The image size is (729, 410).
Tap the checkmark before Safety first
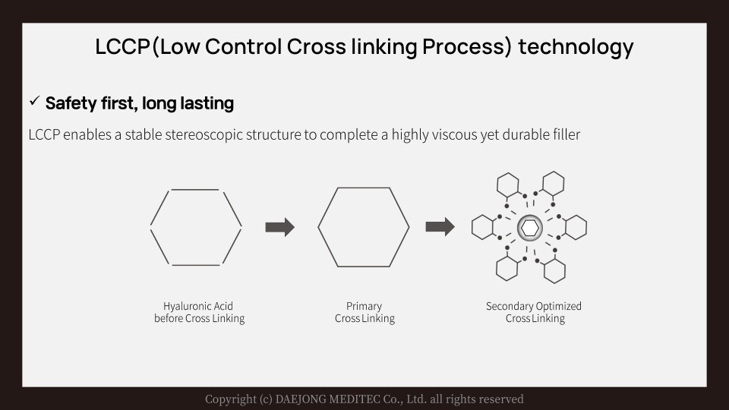[x=34, y=101]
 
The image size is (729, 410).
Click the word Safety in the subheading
[x=71, y=102]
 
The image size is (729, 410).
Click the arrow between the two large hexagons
[x=279, y=226]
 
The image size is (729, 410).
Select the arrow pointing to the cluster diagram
[x=440, y=226]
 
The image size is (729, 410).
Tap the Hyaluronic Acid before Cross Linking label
[x=199, y=312]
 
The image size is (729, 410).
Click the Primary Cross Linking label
[x=364, y=312]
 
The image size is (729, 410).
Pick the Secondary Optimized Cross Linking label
[x=534, y=312]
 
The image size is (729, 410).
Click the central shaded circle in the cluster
[x=529, y=227]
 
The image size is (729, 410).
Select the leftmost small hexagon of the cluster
[x=483, y=227]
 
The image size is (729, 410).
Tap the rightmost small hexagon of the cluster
[x=576, y=227]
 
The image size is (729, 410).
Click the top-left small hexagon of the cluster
[x=507, y=184]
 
